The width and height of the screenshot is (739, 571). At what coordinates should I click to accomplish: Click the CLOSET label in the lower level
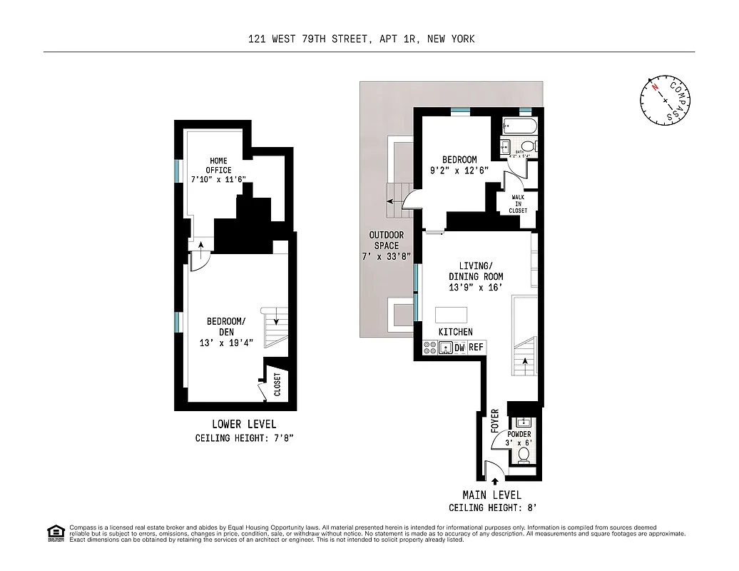coord(277,384)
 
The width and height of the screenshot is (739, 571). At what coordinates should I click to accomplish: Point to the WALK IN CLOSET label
coord(519,204)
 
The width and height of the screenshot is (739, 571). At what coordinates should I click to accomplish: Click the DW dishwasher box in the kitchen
coord(460,348)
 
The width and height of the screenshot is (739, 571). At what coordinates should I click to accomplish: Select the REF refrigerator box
coord(476,348)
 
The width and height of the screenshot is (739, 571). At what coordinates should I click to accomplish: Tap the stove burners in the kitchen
coord(430,348)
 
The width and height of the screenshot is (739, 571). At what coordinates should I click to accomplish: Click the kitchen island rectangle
coord(452,315)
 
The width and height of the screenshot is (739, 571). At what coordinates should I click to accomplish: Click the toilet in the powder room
coord(523,454)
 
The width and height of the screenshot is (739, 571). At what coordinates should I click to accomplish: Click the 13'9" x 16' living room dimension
coord(476,287)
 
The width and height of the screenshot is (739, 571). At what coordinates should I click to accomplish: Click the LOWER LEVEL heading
coord(244,425)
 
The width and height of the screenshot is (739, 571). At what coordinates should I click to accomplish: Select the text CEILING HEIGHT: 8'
coord(492,508)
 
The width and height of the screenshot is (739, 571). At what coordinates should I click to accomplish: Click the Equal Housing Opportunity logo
coord(54,532)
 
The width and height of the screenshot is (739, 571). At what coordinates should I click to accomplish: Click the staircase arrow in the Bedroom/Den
coord(276,322)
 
